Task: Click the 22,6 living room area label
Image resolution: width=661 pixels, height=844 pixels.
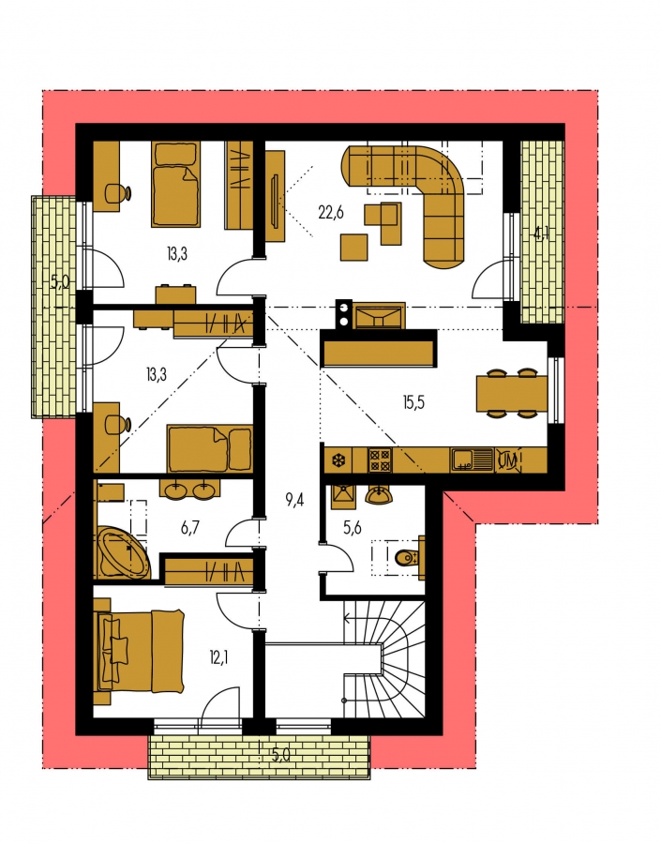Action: pyautogui.click(x=330, y=213)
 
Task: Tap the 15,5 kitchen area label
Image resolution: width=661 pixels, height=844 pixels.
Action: pyautogui.click(x=413, y=402)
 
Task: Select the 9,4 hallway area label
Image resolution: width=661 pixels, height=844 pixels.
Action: pyautogui.click(x=294, y=501)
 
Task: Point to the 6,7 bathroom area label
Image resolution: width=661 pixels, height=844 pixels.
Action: pyautogui.click(x=190, y=527)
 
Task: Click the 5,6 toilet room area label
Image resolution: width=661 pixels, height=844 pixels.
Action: pyautogui.click(x=352, y=528)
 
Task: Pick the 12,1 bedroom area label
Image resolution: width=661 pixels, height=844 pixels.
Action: pyautogui.click(x=218, y=656)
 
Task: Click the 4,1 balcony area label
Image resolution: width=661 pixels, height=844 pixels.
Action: pyautogui.click(x=541, y=234)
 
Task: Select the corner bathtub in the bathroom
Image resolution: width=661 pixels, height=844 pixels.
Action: pyautogui.click(x=124, y=552)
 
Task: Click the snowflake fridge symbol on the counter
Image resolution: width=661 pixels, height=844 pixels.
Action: pyautogui.click(x=338, y=460)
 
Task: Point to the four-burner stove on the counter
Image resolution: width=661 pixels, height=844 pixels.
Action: pyautogui.click(x=380, y=460)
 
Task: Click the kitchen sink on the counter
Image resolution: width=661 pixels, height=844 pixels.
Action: pyautogui.click(x=472, y=460)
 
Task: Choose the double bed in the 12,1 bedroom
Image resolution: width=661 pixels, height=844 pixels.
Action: pyautogui.click(x=139, y=650)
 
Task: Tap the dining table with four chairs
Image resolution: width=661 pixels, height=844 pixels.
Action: pyautogui.click(x=511, y=394)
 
